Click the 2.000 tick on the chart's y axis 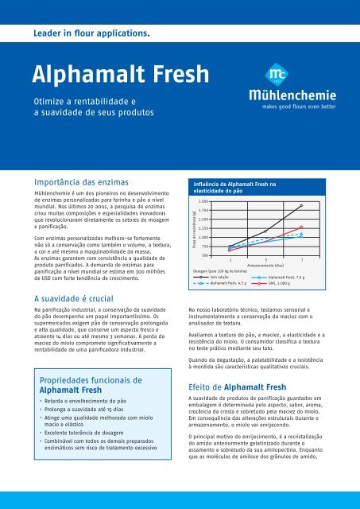tap(204, 201)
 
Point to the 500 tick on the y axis tap(206, 255)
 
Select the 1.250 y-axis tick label tap(204, 228)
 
